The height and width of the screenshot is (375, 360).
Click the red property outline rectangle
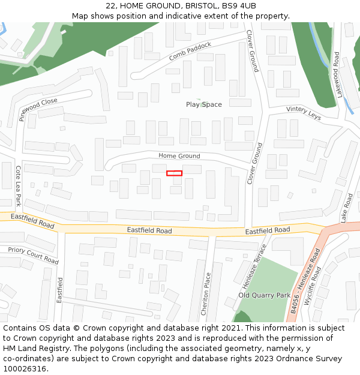[x=174, y=173]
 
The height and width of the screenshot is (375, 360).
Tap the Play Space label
[x=203, y=104]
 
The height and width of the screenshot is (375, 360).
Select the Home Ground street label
[x=179, y=156]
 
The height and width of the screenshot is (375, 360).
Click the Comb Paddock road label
[x=190, y=51]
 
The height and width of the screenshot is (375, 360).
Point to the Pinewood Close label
[x=38, y=109]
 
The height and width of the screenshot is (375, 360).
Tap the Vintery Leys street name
[x=304, y=113]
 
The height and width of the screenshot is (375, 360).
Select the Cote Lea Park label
[x=18, y=187]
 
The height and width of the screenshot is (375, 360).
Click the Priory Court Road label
[x=33, y=256]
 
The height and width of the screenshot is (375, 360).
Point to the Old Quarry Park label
[x=264, y=295]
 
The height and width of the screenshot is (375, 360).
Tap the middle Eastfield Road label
[x=149, y=230]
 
